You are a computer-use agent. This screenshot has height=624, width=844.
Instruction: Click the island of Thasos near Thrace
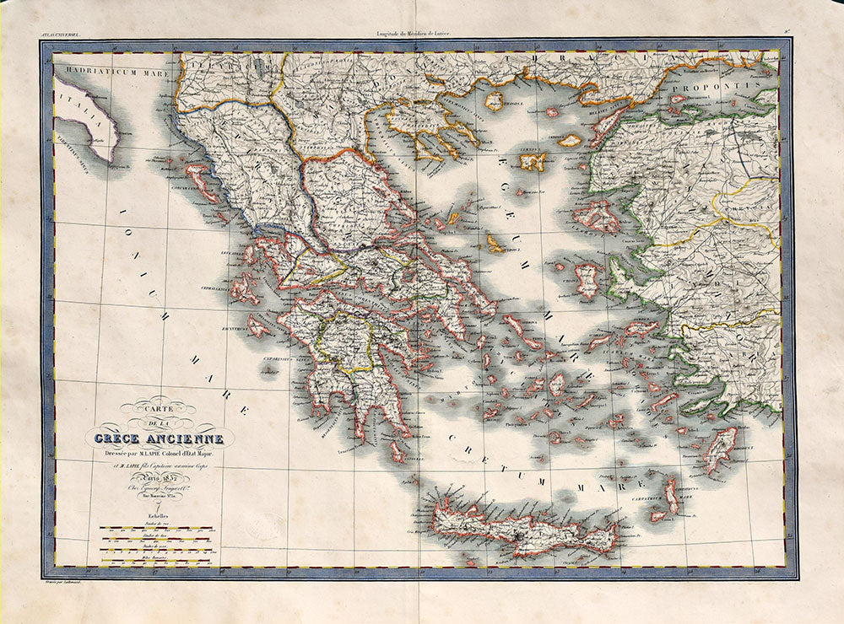[x=494, y=101]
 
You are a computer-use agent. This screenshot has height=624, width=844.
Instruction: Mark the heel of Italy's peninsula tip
[x=112, y=156]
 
